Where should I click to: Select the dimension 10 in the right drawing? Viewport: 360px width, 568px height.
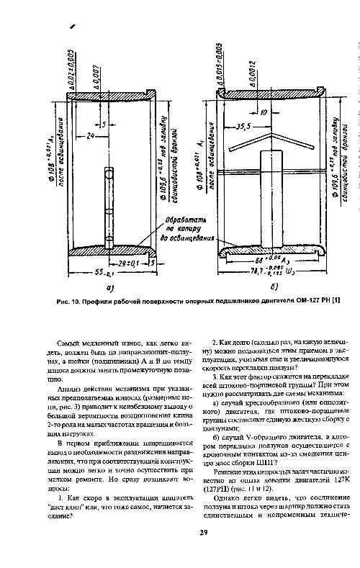point(264,112)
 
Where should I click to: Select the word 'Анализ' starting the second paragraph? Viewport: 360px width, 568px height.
point(71,389)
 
